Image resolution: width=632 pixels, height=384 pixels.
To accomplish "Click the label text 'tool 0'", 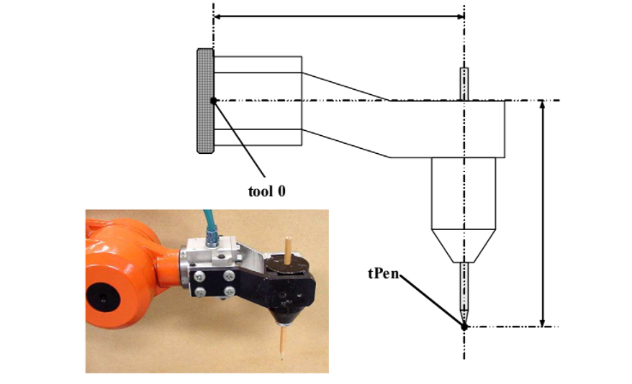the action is pyautogui.click(x=267, y=192).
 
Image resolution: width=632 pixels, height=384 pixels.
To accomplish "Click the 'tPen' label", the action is pyautogui.click(x=384, y=274).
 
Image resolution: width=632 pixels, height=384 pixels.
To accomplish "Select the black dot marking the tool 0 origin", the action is pyautogui.click(x=213, y=101).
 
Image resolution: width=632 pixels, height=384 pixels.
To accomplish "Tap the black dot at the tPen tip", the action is pyautogui.click(x=464, y=327).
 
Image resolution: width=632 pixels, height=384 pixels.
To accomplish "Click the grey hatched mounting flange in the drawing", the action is pyautogui.click(x=206, y=101).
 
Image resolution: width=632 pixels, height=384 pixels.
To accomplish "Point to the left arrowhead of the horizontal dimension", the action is pyautogui.click(x=218, y=16).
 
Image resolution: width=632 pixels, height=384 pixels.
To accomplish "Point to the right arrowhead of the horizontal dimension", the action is pyautogui.click(x=460, y=16).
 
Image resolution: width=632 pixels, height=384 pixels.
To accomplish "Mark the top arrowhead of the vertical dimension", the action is pyautogui.click(x=543, y=104).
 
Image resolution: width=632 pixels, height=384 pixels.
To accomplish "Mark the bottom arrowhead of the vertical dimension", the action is pyautogui.click(x=543, y=322).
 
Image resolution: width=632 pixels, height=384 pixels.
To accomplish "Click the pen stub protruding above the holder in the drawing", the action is pyautogui.click(x=464, y=84).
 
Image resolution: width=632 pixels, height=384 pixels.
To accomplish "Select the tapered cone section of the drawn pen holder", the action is pyautogui.click(x=463, y=246).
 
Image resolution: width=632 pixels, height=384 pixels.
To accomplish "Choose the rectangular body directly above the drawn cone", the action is pyautogui.click(x=463, y=193).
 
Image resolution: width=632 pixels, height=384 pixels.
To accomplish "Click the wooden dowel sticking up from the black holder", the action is pyautogui.click(x=288, y=251).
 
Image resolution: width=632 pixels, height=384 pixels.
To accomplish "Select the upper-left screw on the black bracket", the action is pyautogui.click(x=200, y=276).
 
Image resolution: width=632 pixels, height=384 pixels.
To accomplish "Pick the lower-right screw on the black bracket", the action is pyautogui.click(x=230, y=291).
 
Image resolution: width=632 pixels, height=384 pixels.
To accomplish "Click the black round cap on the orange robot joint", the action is pyautogui.click(x=103, y=297).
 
